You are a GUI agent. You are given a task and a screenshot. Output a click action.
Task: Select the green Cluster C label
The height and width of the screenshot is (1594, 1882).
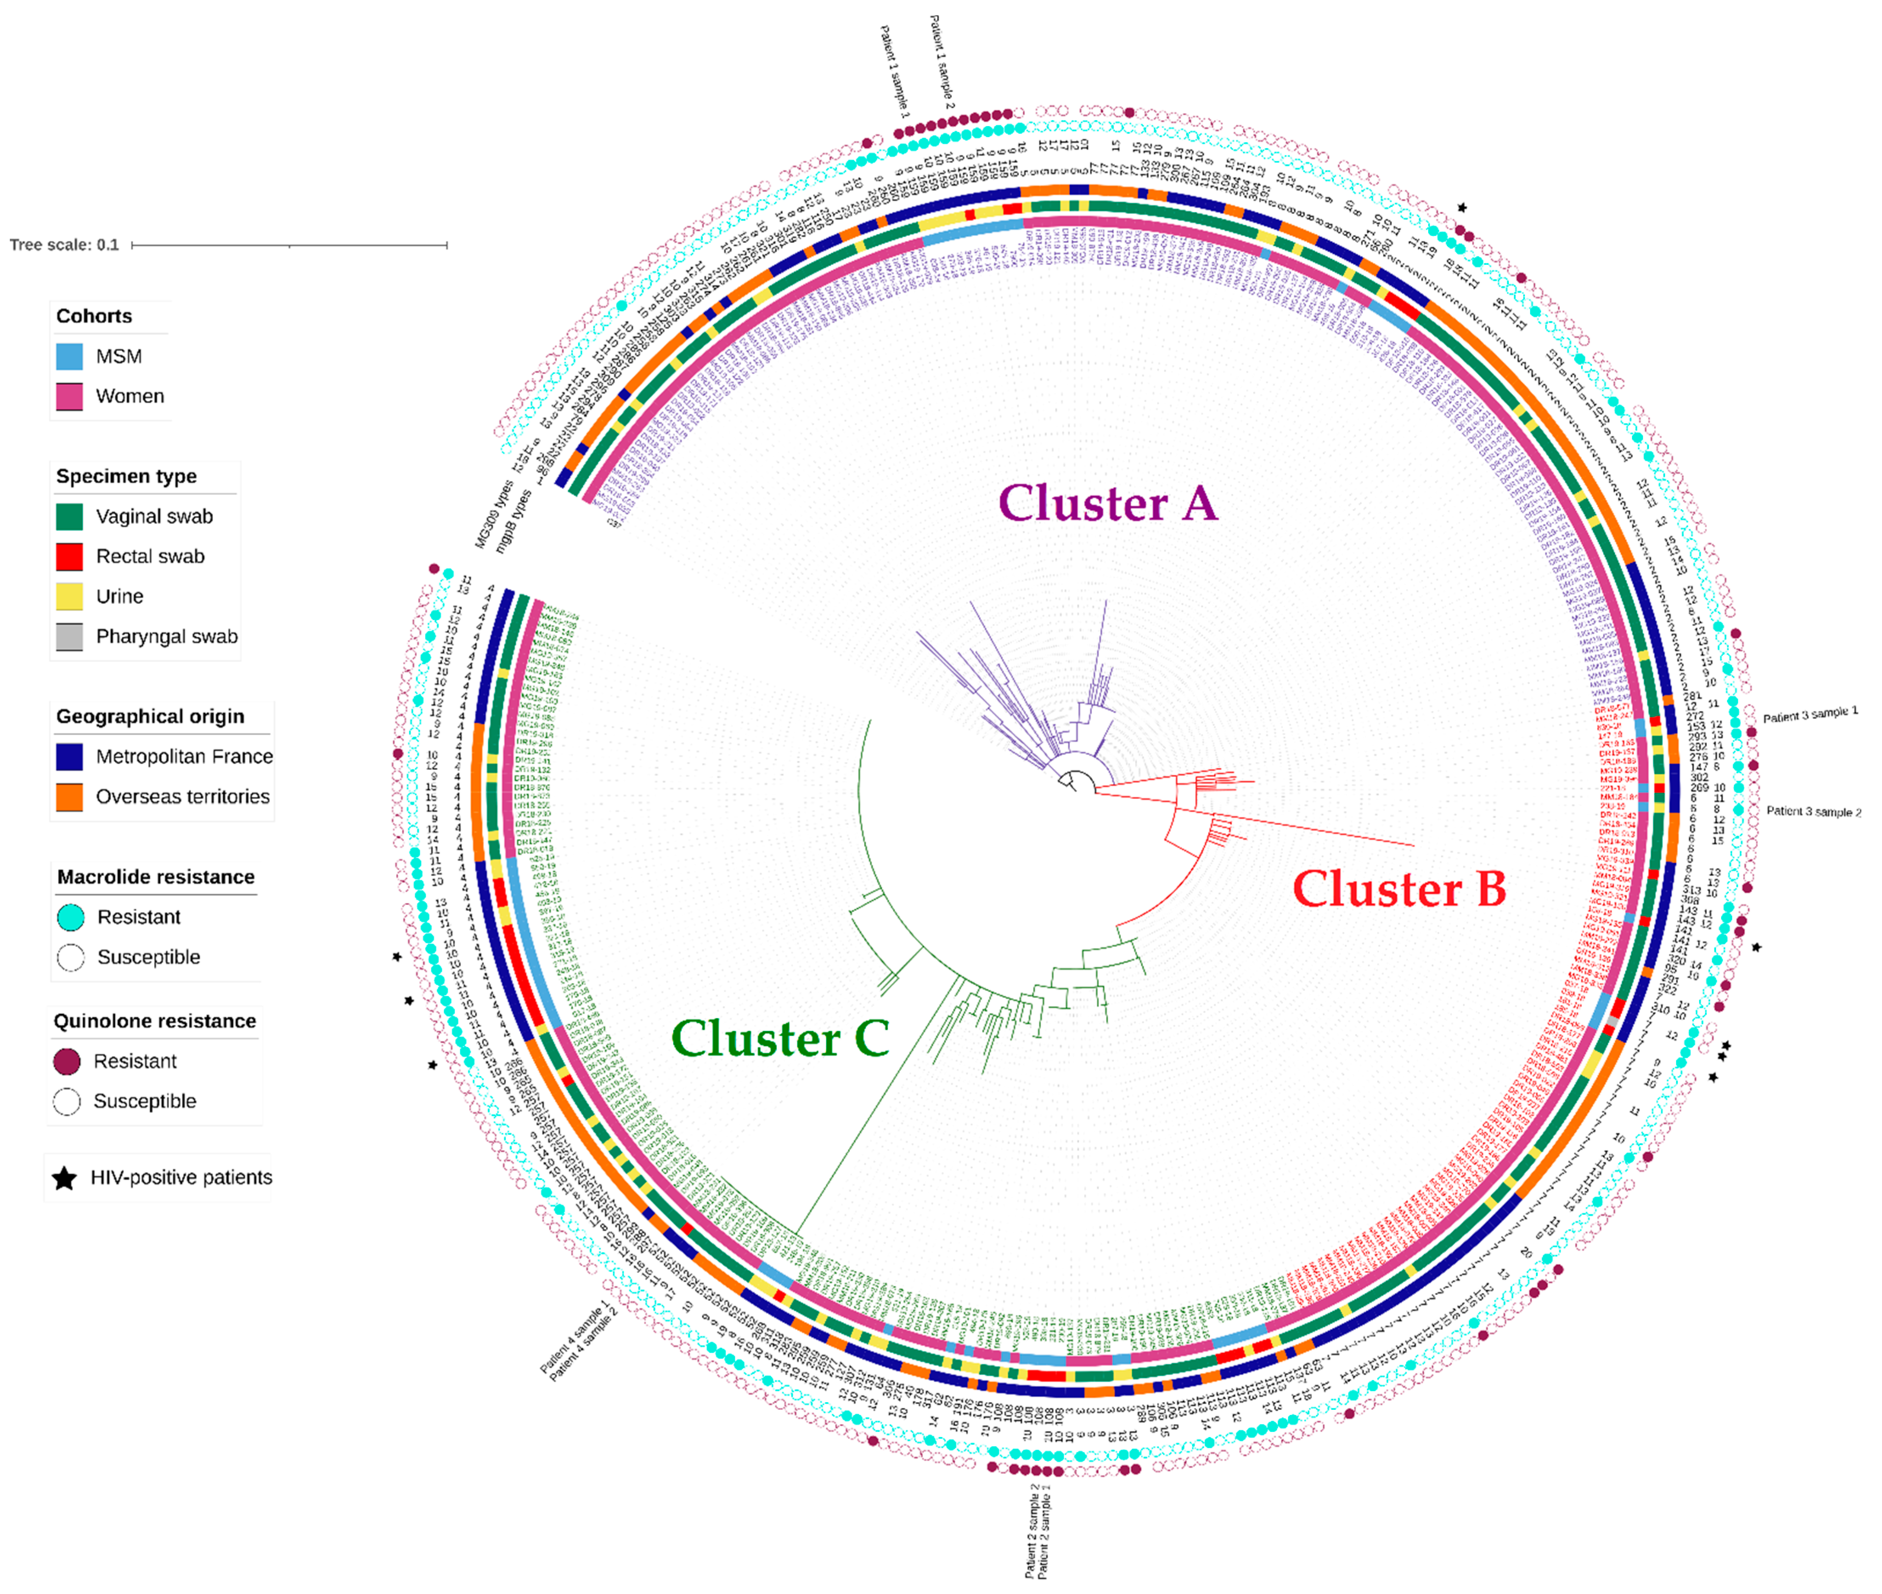pyautogui.click(x=780, y=1038)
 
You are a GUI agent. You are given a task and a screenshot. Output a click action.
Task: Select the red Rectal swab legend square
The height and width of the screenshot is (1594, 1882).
pyautogui.click(x=70, y=557)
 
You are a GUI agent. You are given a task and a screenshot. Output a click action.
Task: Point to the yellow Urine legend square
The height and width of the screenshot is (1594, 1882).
pyautogui.click(x=70, y=596)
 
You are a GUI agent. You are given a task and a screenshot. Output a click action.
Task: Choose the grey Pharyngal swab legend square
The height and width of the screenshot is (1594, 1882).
pyautogui.click(x=70, y=636)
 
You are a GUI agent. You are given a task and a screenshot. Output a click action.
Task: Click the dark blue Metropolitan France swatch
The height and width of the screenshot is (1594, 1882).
pyautogui.click(x=70, y=756)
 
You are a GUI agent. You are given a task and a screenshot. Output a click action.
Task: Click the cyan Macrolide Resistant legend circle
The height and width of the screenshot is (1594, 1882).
pyautogui.click(x=70, y=917)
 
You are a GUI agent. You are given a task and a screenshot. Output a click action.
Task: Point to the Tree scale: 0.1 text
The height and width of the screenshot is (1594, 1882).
pyautogui.click(x=64, y=245)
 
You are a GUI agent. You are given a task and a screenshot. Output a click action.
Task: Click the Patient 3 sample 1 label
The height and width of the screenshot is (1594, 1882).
pyautogui.click(x=1810, y=715)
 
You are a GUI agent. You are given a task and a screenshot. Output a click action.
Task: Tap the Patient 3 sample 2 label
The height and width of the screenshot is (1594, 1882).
pyautogui.click(x=1813, y=811)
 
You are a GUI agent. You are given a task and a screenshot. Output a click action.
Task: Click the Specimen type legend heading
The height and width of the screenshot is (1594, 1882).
pyautogui.click(x=127, y=476)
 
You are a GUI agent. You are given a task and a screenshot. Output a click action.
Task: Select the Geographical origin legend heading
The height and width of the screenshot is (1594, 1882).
pyautogui.click(x=150, y=716)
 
